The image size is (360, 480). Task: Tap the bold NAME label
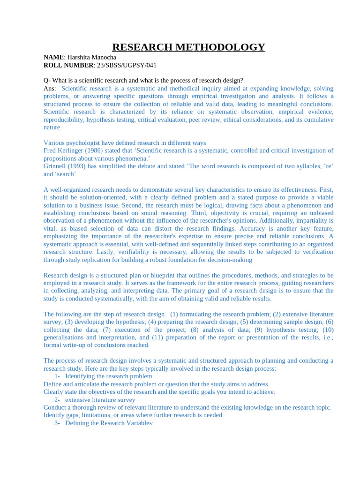pyautogui.click(x=53, y=57)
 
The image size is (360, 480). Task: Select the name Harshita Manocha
pyautogui.click(x=91, y=57)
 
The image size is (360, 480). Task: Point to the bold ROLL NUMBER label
pyautogui.click(x=68, y=65)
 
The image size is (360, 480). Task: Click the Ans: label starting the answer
pyautogui.click(x=50, y=88)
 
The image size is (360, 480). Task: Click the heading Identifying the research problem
pyautogui.click(x=108, y=376)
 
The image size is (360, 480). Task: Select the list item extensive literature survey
pyautogui.click(x=100, y=399)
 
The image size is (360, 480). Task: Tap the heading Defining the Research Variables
pyautogui.click(x=109, y=423)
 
